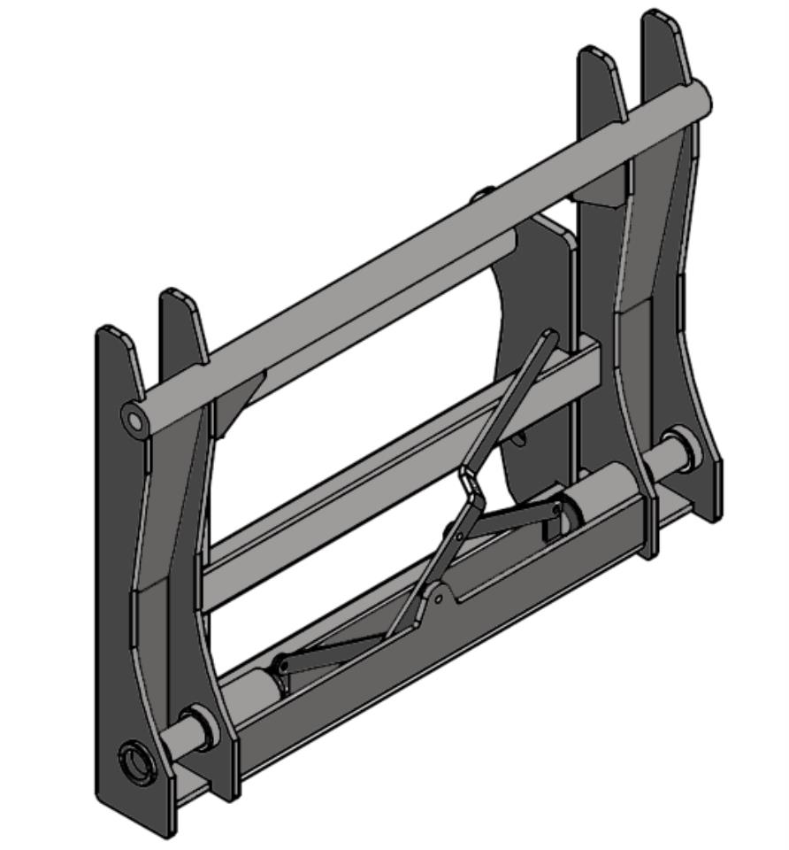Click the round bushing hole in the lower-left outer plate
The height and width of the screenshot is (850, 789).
point(137,761)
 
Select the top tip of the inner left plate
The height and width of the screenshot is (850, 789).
point(177,294)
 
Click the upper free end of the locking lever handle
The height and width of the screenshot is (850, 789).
point(550,336)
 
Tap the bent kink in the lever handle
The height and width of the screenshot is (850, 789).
point(466,483)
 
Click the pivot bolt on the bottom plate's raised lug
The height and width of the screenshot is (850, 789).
point(438,599)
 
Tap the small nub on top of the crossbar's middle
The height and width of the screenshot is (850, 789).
point(483,193)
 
